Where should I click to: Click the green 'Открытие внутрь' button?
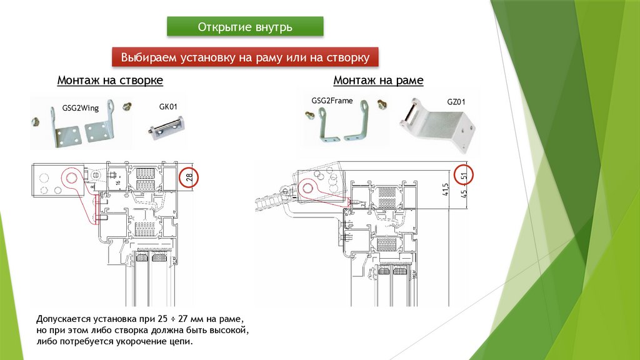[245, 27]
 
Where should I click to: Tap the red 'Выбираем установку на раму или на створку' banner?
[245, 57]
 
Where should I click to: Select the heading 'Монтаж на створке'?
[110, 81]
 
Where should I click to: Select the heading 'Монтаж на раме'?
[378, 81]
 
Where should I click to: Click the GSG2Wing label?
[81, 107]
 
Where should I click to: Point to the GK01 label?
[169, 107]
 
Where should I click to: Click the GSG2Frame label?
[332, 100]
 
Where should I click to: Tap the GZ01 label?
[456, 101]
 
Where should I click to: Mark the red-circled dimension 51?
[464, 176]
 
